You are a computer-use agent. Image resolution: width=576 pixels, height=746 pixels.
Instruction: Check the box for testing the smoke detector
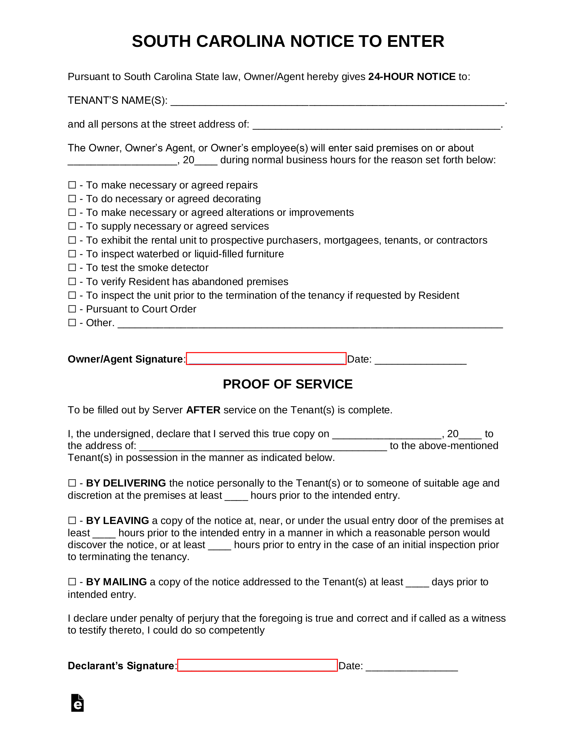(x=72, y=267)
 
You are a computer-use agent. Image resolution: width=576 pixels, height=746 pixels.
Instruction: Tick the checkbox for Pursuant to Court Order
(x=72, y=309)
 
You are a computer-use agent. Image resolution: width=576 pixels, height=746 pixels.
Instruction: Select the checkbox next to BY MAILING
(x=72, y=582)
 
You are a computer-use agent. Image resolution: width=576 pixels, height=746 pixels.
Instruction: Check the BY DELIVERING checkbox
(x=72, y=483)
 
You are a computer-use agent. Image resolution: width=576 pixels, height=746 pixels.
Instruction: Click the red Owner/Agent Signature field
(x=266, y=359)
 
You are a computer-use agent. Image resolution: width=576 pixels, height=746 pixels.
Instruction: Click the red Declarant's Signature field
(x=257, y=665)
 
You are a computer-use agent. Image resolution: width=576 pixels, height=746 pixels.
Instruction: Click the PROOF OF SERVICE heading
(x=288, y=384)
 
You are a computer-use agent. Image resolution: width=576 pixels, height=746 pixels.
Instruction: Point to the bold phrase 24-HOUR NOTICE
(x=412, y=77)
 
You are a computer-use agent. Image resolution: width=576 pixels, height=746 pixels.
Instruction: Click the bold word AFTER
(x=203, y=410)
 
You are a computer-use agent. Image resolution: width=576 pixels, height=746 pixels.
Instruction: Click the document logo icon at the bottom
(x=77, y=703)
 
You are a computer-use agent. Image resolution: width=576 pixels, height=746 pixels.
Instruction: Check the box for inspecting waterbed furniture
(x=72, y=254)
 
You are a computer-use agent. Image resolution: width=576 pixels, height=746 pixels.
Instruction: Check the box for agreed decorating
(x=72, y=199)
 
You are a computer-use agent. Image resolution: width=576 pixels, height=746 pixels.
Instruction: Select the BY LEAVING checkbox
(x=72, y=520)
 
